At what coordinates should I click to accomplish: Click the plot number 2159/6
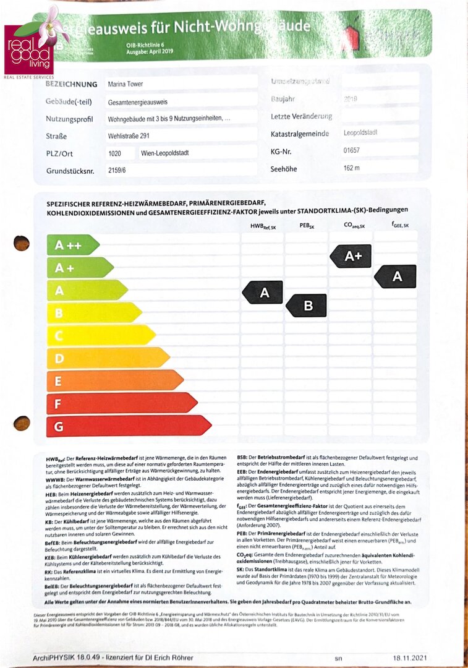117,170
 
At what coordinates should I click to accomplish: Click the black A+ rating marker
351,256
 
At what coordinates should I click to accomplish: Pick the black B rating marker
307,306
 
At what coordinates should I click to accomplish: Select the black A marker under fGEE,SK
396,276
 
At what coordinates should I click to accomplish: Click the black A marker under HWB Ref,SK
263,293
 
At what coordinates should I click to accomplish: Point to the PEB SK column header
306,226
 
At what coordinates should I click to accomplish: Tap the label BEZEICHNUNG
72,84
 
